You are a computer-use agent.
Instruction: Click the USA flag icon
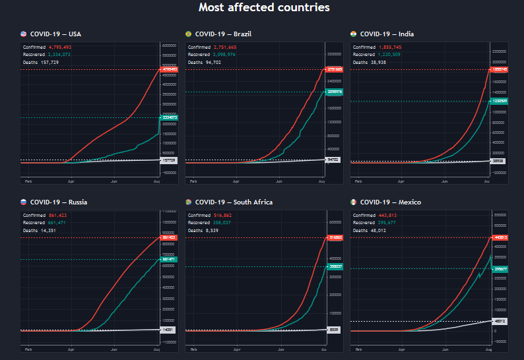point(24,34)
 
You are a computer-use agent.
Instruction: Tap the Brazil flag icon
point(189,34)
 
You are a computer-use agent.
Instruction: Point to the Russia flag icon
point(24,202)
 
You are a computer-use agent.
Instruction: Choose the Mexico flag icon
point(354,202)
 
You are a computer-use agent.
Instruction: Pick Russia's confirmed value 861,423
point(59,215)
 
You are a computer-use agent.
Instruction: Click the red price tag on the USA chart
point(169,69)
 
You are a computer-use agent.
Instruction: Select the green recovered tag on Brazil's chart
point(334,92)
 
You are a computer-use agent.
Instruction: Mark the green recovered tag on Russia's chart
point(169,259)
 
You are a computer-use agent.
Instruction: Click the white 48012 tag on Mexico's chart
point(499,321)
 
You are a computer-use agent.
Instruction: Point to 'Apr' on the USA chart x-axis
point(71,180)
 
